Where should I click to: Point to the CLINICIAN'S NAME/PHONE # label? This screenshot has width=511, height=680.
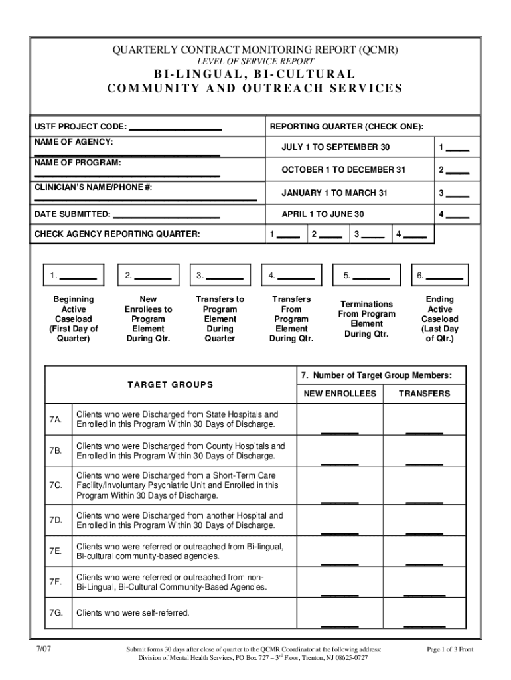pyautogui.click(x=94, y=187)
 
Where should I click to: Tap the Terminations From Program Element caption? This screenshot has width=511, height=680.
pyautogui.click(x=366, y=319)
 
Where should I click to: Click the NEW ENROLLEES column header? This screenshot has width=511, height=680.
pyautogui.click(x=340, y=394)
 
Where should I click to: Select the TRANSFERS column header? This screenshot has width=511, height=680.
pyautogui.click(x=424, y=394)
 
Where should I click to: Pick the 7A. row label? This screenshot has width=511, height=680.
pyautogui.click(x=55, y=420)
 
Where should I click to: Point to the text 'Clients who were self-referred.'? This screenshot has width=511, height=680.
pyautogui.click(x=133, y=612)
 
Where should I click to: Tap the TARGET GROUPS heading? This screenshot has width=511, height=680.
pyautogui.click(x=171, y=385)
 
